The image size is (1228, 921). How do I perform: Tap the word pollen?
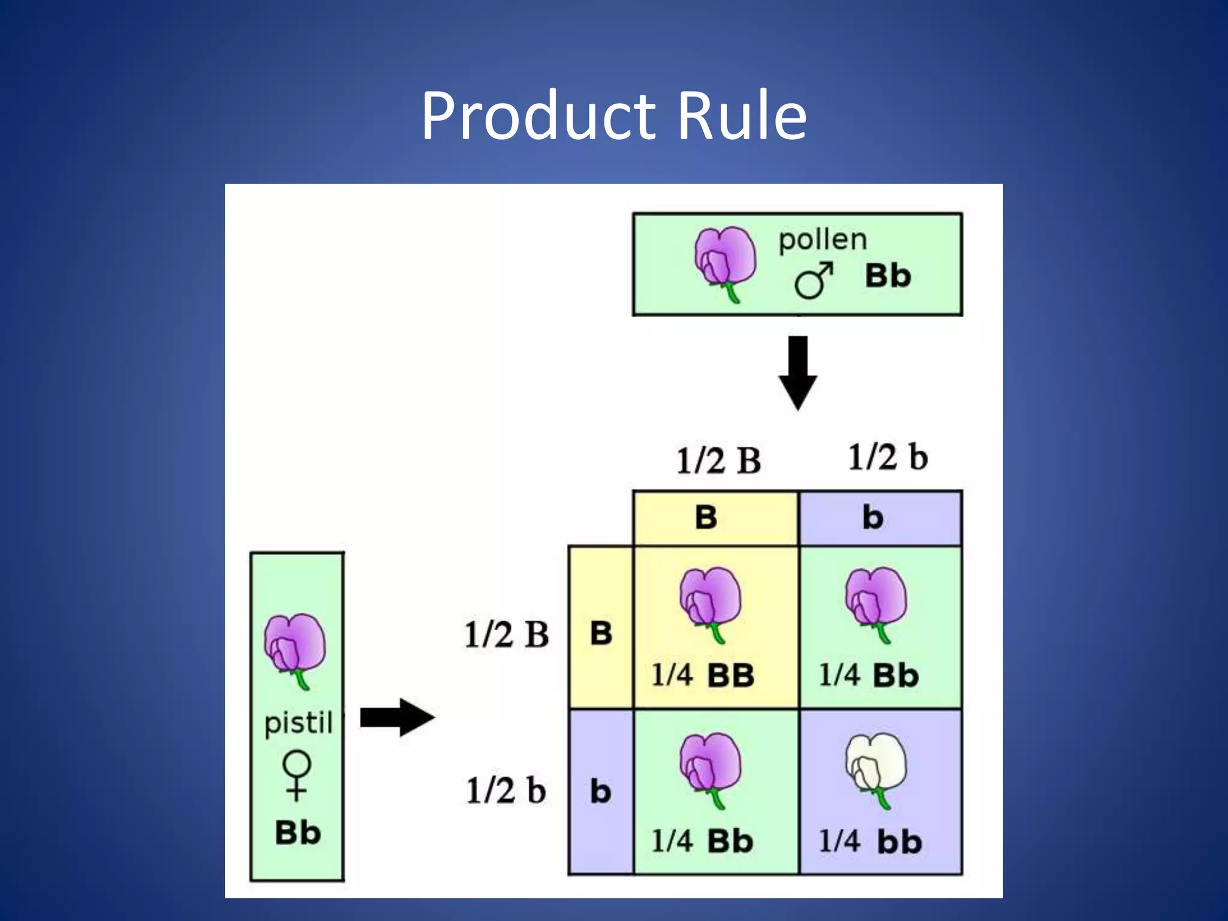click(x=823, y=240)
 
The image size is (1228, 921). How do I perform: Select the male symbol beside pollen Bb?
click(x=813, y=280)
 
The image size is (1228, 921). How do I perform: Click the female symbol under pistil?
click(x=296, y=775)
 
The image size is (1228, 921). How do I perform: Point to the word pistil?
click(x=298, y=723)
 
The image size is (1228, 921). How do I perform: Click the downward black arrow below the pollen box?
click(x=797, y=372)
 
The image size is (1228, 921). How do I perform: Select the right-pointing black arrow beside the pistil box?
click(x=397, y=717)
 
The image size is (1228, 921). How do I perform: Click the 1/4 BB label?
click(x=703, y=675)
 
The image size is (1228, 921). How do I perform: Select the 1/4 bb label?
click(x=870, y=841)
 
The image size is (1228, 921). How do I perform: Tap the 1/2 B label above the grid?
click(x=718, y=460)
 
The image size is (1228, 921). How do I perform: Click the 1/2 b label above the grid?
click(x=887, y=457)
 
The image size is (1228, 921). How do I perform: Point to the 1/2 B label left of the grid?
click(x=507, y=634)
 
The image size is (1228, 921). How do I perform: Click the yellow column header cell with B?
click(x=715, y=517)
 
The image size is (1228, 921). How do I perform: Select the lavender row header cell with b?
click(x=600, y=791)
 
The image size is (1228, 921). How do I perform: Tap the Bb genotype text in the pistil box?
click(x=297, y=833)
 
